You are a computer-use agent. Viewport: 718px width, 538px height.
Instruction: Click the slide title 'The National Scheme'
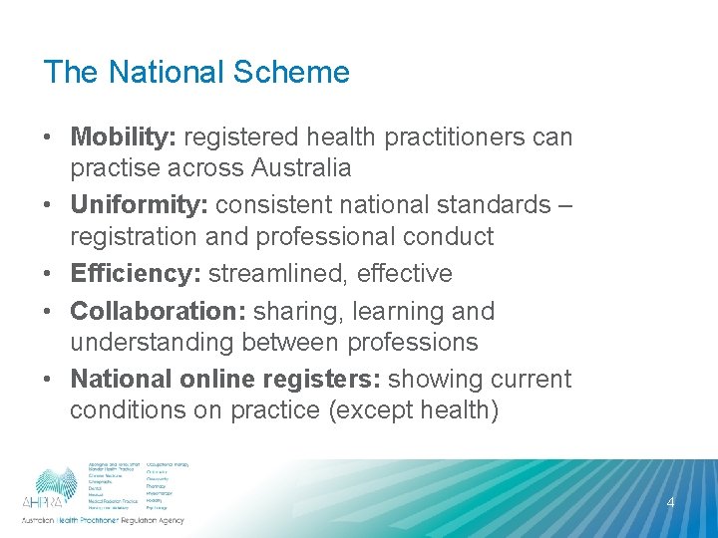pos(196,73)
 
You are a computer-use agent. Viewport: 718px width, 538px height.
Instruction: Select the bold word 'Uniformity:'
pos(134,205)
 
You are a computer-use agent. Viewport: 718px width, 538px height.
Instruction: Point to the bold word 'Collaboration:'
pos(158,311)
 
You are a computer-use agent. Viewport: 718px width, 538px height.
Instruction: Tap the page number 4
pos(670,503)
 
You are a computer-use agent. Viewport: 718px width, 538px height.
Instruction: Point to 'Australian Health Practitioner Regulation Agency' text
pos(103,521)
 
